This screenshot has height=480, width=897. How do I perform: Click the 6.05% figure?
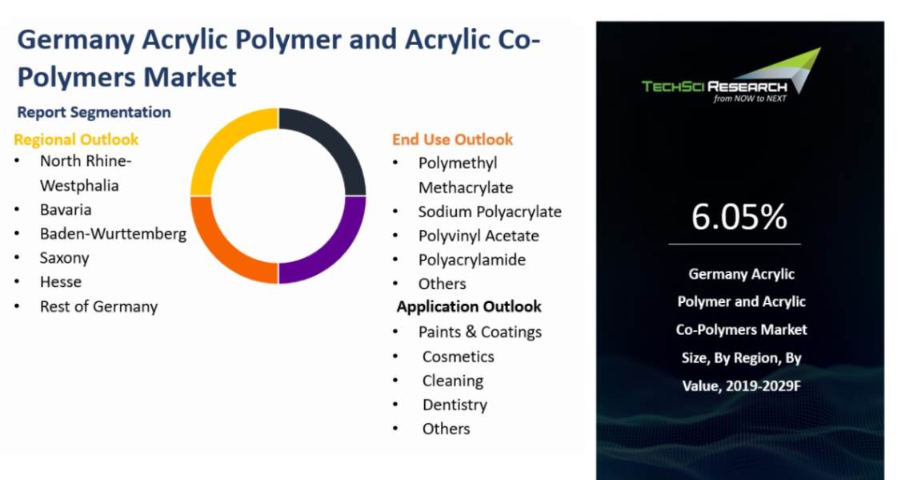point(739,217)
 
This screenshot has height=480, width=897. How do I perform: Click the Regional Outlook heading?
point(76,139)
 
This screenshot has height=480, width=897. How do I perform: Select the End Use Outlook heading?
point(452,139)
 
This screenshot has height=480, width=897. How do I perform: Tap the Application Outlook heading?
point(469,307)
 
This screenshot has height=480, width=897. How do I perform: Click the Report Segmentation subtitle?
point(94,112)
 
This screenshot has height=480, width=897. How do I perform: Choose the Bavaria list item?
point(66,210)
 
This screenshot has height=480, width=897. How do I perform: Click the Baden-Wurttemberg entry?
point(113,234)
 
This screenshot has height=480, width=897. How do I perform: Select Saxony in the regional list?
point(64,258)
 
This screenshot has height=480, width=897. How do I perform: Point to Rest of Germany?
point(98,306)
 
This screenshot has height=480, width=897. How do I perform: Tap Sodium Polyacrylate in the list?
point(490,212)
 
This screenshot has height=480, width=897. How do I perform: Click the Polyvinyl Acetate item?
point(479,236)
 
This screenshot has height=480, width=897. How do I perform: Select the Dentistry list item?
point(455,405)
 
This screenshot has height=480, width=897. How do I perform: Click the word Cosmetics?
point(458,357)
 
